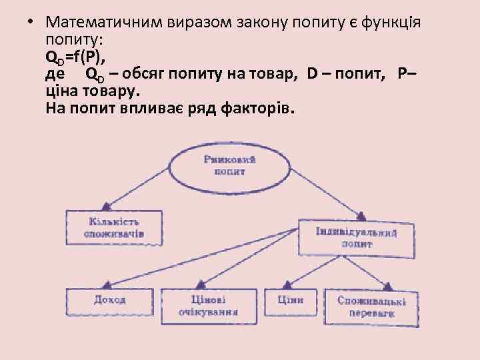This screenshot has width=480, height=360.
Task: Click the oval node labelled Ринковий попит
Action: (231, 165)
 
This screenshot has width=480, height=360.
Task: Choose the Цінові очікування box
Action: (208, 305)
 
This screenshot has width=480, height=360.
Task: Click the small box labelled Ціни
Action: (291, 301)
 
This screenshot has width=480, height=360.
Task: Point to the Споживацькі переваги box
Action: (371, 307)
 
